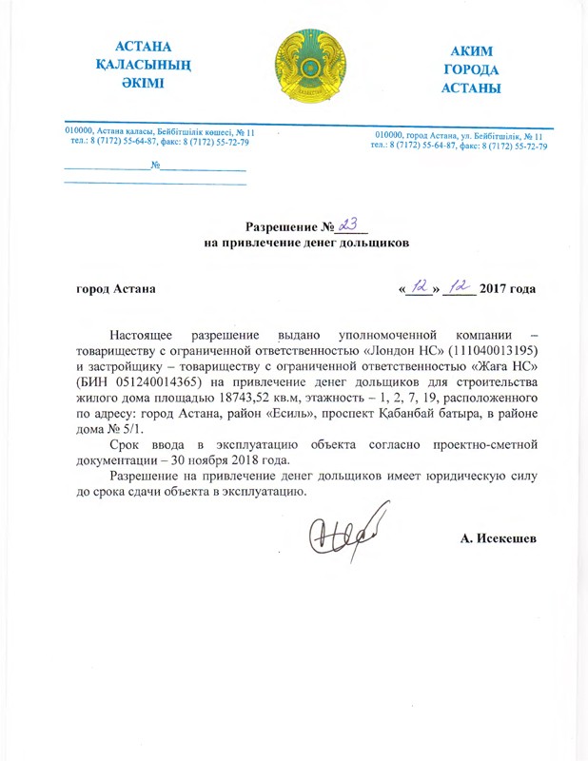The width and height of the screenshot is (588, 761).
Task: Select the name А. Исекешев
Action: pos(498,539)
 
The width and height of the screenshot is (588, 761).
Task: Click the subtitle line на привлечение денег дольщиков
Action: pos(306,244)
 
